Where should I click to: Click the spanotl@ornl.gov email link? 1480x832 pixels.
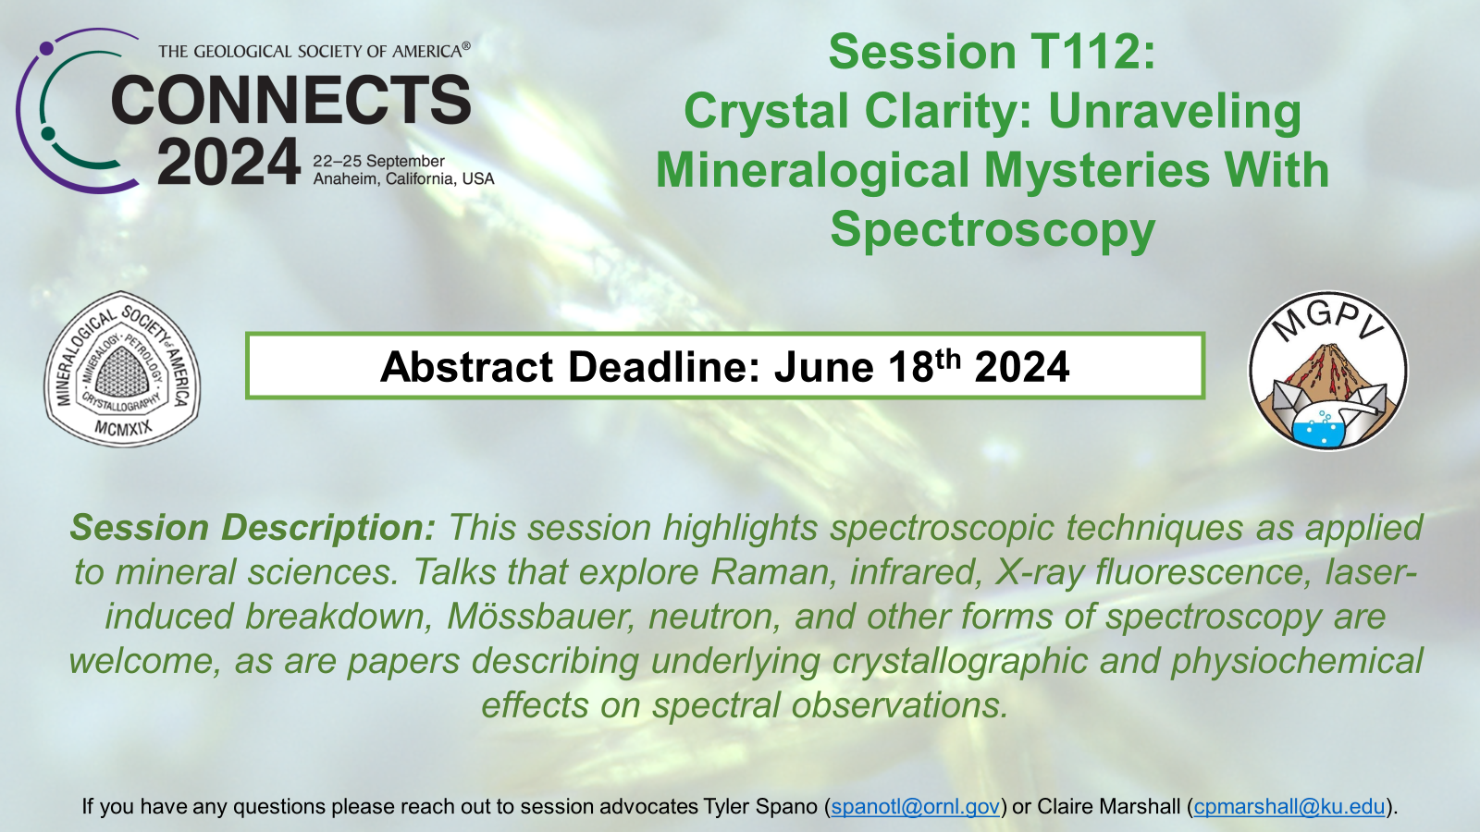click(915, 806)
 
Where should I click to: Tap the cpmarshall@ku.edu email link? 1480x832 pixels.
click(1289, 806)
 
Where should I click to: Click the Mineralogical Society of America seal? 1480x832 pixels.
click(122, 369)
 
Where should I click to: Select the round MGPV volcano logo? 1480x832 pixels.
click(1328, 371)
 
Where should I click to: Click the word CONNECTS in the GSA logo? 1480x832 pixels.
click(290, 100)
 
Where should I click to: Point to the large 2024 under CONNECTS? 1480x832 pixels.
click(228, 162)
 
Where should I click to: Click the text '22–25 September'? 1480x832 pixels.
click(378, 161)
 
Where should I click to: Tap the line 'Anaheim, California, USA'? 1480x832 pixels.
click(403, 179)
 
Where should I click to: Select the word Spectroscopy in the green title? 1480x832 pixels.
click(993, 230)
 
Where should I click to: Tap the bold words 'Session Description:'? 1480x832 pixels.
click(253, 528)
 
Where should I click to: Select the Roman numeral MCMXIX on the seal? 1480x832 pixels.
click(123, 429)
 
